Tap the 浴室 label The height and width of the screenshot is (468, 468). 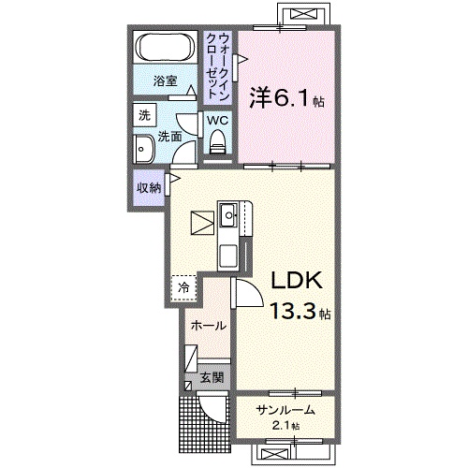166,81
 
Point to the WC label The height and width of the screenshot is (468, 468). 217,120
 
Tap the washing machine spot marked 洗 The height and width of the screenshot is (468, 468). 144,116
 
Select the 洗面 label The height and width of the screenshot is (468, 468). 168,135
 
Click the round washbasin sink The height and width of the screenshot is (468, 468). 145,150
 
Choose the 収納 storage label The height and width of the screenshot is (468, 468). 148,187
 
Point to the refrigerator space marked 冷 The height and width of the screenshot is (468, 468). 183,288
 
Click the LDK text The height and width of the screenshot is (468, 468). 297,279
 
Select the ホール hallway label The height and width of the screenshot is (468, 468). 207,326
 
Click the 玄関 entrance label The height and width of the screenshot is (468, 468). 212,378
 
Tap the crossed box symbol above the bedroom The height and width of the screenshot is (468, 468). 302,15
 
